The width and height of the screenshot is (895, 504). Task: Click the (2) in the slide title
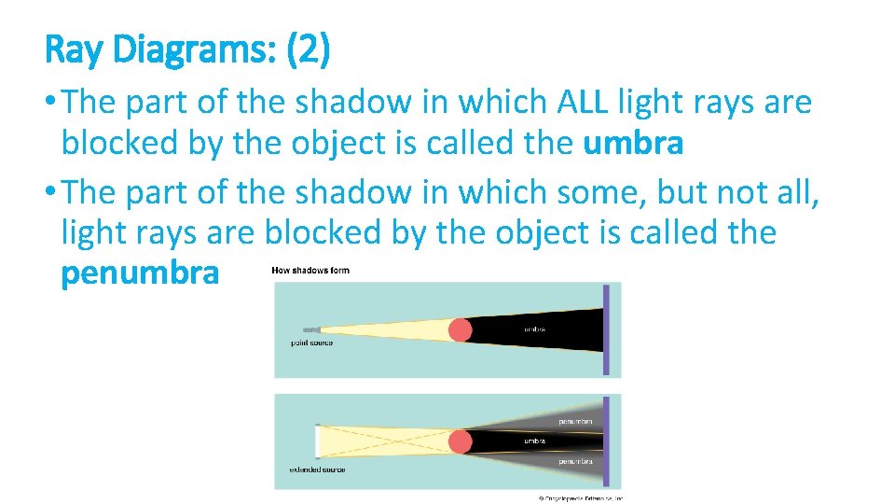coord(308,50)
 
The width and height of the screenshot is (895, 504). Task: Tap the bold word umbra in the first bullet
coord(633,144)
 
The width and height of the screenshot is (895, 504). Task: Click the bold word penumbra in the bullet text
coord(140,273)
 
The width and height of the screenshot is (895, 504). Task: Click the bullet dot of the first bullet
coord(52,102)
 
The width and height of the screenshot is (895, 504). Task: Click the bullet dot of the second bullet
coord(52,191)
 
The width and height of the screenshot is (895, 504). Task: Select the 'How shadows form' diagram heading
coord(310,271)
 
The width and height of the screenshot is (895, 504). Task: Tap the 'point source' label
coord(311,343)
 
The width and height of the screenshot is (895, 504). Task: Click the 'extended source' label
coord(317,469)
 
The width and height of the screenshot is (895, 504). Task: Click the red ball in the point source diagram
coord(460,329)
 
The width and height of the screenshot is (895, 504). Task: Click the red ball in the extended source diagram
coord(460,441)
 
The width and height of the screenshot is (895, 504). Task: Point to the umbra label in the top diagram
coord(534,329)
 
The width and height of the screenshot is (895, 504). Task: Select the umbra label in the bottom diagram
coord(534,441)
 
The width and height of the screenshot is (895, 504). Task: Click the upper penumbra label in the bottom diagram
coord(574,422)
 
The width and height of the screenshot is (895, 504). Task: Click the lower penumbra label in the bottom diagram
coord(574,461)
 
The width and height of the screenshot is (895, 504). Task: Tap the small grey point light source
coord(311,329)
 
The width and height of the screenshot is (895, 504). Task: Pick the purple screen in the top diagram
coord(606,329)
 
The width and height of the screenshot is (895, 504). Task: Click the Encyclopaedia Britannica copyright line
coord(580,498)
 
